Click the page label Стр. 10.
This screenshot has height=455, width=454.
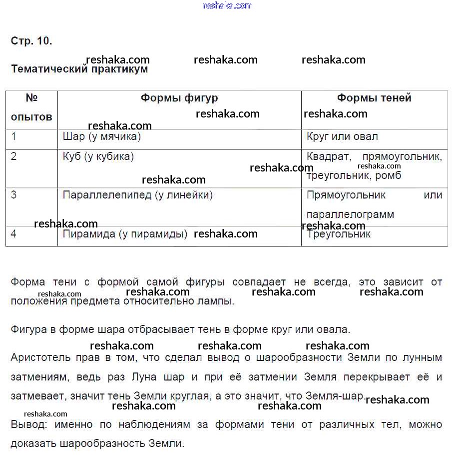31,41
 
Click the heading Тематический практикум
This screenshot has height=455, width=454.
79,69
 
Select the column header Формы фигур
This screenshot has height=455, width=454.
179,98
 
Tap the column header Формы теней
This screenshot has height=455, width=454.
374,98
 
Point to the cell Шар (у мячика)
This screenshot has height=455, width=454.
102,136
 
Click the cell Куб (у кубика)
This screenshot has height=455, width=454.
98,156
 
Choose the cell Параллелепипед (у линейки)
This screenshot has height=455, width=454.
138,195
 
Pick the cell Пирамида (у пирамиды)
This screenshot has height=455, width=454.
125,234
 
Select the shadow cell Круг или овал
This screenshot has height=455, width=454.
342,136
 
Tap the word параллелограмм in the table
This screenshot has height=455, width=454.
350,214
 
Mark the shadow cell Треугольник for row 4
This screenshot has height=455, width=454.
339,234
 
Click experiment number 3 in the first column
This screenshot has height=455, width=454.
14,195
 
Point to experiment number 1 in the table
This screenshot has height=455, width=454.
14,136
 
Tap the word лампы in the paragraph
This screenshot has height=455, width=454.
218,301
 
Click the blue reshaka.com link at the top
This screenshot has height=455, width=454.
228,5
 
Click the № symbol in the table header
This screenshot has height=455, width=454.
31,98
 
